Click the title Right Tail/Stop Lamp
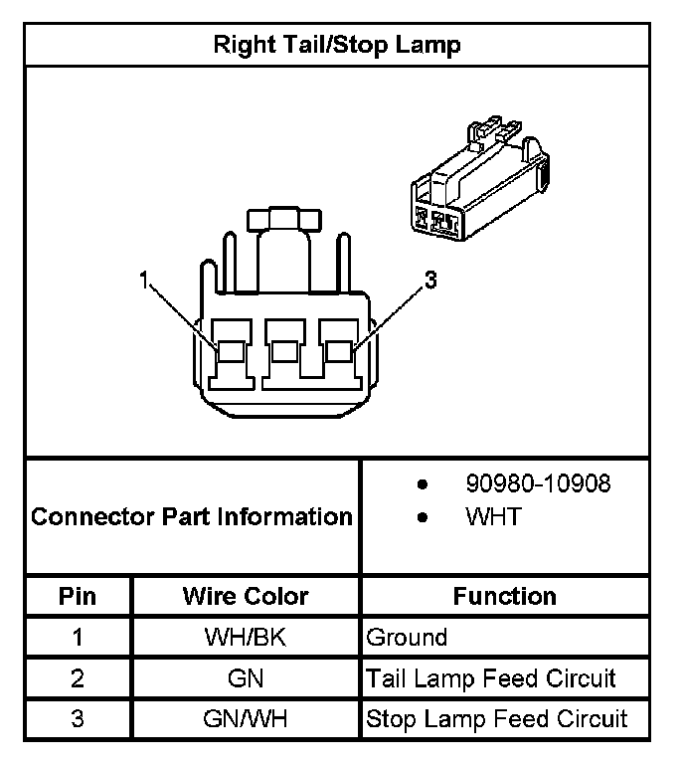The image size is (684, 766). tap(337, 45)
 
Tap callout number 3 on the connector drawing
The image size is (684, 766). tap(430, 280)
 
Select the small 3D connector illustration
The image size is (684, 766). tap(477, 181)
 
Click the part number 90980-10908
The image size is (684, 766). tap(538, 484)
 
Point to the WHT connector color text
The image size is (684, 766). tap(493, 517)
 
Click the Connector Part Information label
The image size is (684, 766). tap(192, 516)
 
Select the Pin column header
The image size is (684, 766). tap(78, 596)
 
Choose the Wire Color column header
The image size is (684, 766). tap(246, 596)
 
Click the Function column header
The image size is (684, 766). tap(504, 596)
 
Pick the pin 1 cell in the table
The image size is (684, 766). tap(78, 637)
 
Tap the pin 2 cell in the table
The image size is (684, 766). tap(78, 678)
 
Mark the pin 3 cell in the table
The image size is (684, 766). tap(78, 719)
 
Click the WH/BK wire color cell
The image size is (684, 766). tap(245, 637)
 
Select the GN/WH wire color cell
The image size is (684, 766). tap(245, 719)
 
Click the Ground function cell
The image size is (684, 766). tap(408, 637)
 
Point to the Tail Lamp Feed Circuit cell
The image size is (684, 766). tap(491, 678)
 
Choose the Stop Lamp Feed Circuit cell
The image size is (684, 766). tap(497, 719)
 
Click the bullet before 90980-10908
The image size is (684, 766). tap(423, 485)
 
